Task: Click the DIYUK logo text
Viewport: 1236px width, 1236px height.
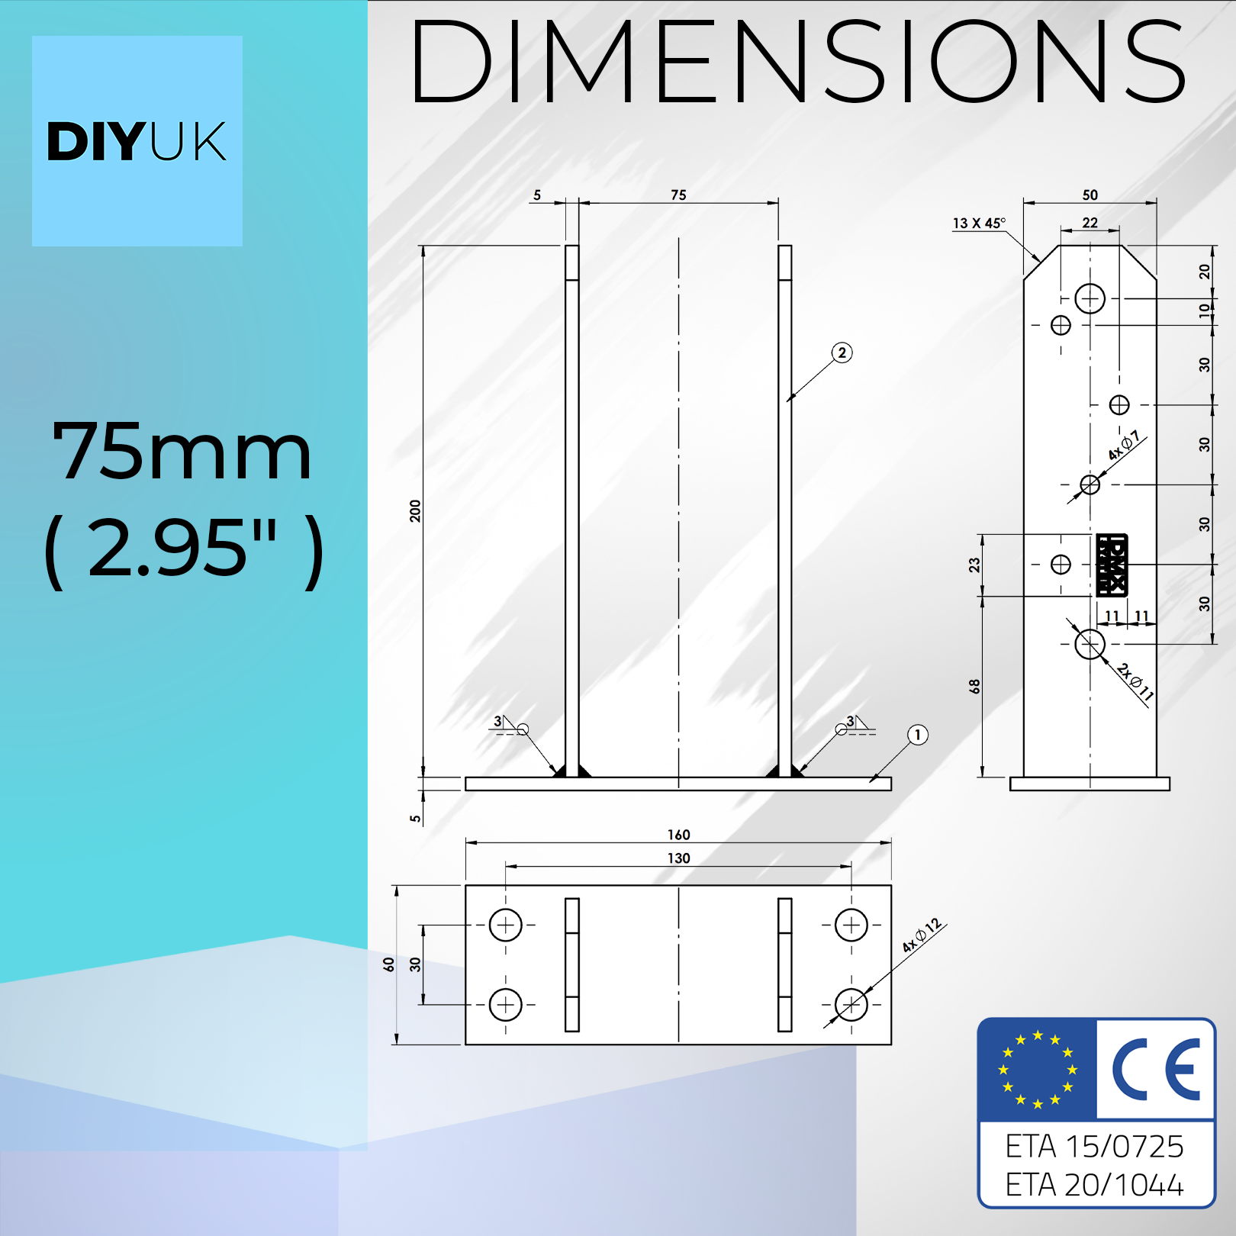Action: coord(137,142)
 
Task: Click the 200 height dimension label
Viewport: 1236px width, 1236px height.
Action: coord(415,510)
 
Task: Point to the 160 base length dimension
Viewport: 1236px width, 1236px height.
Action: coord(678,835)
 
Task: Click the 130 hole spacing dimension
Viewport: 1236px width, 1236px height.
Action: coord(678,858)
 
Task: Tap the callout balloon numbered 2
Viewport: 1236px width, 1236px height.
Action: coord(842,352)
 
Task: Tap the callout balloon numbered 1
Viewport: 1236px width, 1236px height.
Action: coord(917,735)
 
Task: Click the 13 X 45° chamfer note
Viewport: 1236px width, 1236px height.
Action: coord(979,223)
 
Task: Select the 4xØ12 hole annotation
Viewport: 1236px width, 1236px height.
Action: coord(922,935)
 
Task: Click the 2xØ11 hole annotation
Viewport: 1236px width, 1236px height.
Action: coord(1135,681)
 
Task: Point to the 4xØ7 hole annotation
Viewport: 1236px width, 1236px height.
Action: coord(1124,446)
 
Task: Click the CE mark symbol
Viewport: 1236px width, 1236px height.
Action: coord(1155,1070)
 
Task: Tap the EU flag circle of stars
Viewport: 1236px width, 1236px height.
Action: coord(1038,1070)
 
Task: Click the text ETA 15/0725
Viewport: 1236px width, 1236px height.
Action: coord(1094,1147)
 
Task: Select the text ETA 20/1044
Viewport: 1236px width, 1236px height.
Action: coord(1094,1185)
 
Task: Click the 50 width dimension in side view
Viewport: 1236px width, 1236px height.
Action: coord(1090,195)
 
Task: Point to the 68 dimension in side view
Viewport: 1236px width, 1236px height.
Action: coord(974,686)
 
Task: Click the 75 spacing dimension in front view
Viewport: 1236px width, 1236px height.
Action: coord(678,195)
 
